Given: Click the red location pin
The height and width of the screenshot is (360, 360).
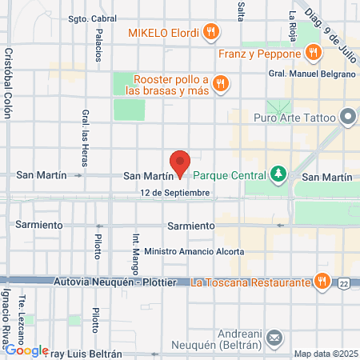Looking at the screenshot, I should [x=180, y=163].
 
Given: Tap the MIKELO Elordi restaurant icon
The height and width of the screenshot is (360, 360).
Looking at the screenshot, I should [x=211, y=32].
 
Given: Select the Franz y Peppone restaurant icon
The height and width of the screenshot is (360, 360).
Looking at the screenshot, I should [x=312, y=54].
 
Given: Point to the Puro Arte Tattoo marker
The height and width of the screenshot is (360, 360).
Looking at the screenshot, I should [x=347, y=118].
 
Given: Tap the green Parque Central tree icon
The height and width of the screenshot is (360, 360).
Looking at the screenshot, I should [x=278, y=173].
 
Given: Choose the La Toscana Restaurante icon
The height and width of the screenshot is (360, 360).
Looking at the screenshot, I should [x=321, y=281].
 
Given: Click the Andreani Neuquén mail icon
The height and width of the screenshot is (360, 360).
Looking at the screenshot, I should [x=274, y=338].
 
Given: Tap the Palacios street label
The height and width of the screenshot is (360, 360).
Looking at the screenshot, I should [x=99, y=45].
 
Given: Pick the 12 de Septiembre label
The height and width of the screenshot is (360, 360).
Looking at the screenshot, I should [x=174, y=193].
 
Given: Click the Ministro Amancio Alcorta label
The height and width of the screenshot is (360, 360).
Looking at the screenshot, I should [x=195, y=250].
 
